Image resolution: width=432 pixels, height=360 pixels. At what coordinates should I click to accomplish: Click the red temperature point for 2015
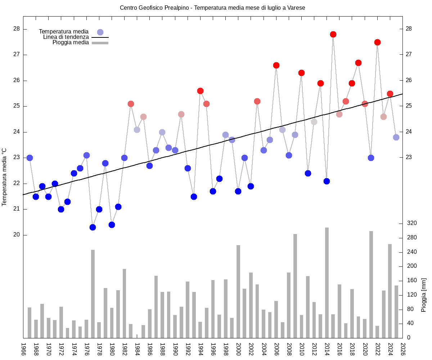point(333,34)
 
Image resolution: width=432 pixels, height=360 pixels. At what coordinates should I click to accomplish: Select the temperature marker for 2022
point(377,42)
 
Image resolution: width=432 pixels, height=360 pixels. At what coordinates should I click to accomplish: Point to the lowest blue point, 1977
point(93,227)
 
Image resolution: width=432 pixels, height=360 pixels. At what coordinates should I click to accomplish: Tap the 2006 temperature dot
point(276,65)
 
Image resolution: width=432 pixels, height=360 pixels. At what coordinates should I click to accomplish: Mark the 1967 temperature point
point(30,158)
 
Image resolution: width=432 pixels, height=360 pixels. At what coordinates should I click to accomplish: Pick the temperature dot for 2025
point(396,137)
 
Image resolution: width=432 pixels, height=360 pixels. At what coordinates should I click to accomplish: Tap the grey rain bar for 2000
point(238,292)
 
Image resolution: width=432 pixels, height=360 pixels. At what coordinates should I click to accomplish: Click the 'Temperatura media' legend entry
point(64,32)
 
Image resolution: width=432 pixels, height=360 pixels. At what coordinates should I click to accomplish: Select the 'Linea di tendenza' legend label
point(66,37)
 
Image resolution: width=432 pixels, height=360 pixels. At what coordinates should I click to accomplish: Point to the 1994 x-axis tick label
point(201,349)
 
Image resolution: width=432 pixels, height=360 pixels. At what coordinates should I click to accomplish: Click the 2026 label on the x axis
point(403,349)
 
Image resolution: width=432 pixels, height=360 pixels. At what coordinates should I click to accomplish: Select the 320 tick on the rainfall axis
point(412,224)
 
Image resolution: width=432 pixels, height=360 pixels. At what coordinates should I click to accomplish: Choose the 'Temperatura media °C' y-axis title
point(4,176)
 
